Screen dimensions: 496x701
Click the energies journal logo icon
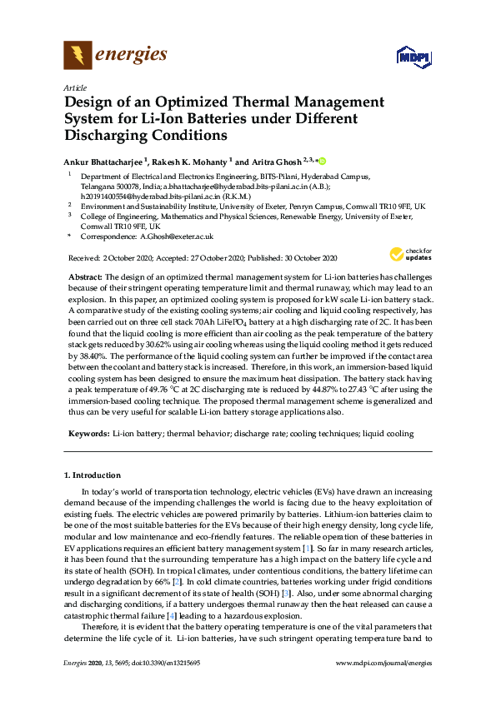(x=77, y=56)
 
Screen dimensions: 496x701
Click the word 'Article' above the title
(x=75, y=87)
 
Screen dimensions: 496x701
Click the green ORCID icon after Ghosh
(x=322, y=161)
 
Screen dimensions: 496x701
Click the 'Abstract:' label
(x=85, y=276)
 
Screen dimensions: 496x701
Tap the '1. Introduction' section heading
(x=93, y=475)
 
